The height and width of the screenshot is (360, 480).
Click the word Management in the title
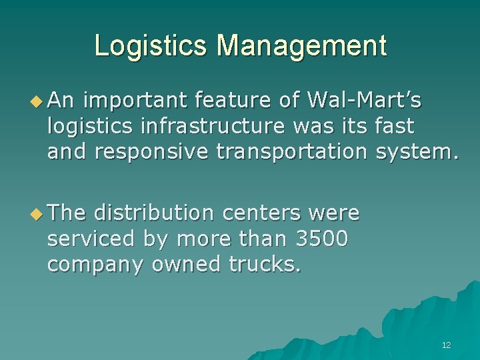[x=301, y=46]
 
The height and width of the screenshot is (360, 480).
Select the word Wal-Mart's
[x=364, y=101]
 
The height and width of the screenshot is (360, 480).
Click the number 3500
[x=319, y=239]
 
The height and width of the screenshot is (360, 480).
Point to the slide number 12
[x=446, y=345]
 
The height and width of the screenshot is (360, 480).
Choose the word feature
[x=231, y=101]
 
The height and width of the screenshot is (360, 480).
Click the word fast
[x=395, y=126]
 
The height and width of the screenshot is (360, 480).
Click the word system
[x=417, y=151]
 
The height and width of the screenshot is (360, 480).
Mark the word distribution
[x=153, y=213]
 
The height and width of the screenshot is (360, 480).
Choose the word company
[x=96, y=265]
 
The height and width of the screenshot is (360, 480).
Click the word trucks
[x=265, y=265]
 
